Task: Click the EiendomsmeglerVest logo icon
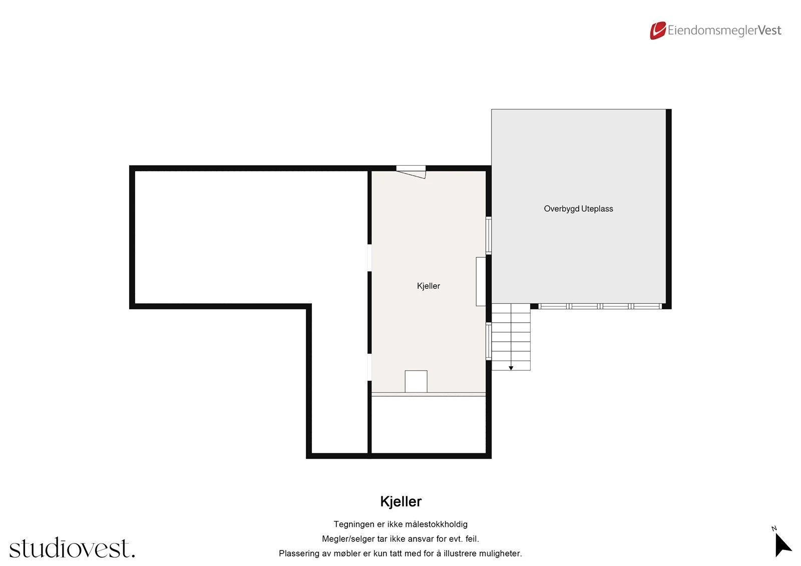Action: point(657,31)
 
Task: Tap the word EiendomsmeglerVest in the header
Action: point(724,31)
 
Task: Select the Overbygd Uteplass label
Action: point(578,209)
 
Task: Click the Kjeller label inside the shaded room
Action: point(428,286)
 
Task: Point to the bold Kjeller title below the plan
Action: point(400,501)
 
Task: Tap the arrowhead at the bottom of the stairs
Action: point(511,368)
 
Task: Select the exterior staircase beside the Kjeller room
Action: point(511,336)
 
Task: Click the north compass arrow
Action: point(782,545)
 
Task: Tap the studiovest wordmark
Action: point(72,548)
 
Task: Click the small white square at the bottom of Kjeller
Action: point(416,381)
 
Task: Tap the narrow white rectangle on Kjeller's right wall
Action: point(481,281)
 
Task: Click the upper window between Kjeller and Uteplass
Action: point(489,235)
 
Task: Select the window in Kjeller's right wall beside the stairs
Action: point(489,341)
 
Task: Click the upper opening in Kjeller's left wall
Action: point(369,258)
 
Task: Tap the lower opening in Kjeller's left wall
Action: point(369,367)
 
